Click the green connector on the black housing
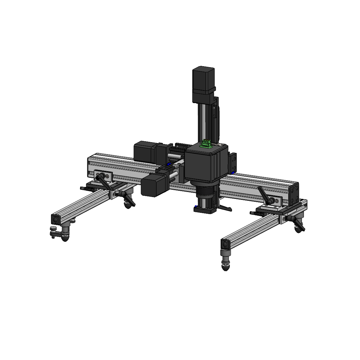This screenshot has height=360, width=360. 206,144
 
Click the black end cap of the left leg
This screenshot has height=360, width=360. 56,218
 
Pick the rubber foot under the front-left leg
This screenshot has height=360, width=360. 65,237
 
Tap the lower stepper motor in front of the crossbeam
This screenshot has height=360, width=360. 151,186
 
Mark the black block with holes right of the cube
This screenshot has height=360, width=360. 233,162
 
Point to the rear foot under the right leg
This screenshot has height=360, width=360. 298,228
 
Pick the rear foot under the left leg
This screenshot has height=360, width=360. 128,205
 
